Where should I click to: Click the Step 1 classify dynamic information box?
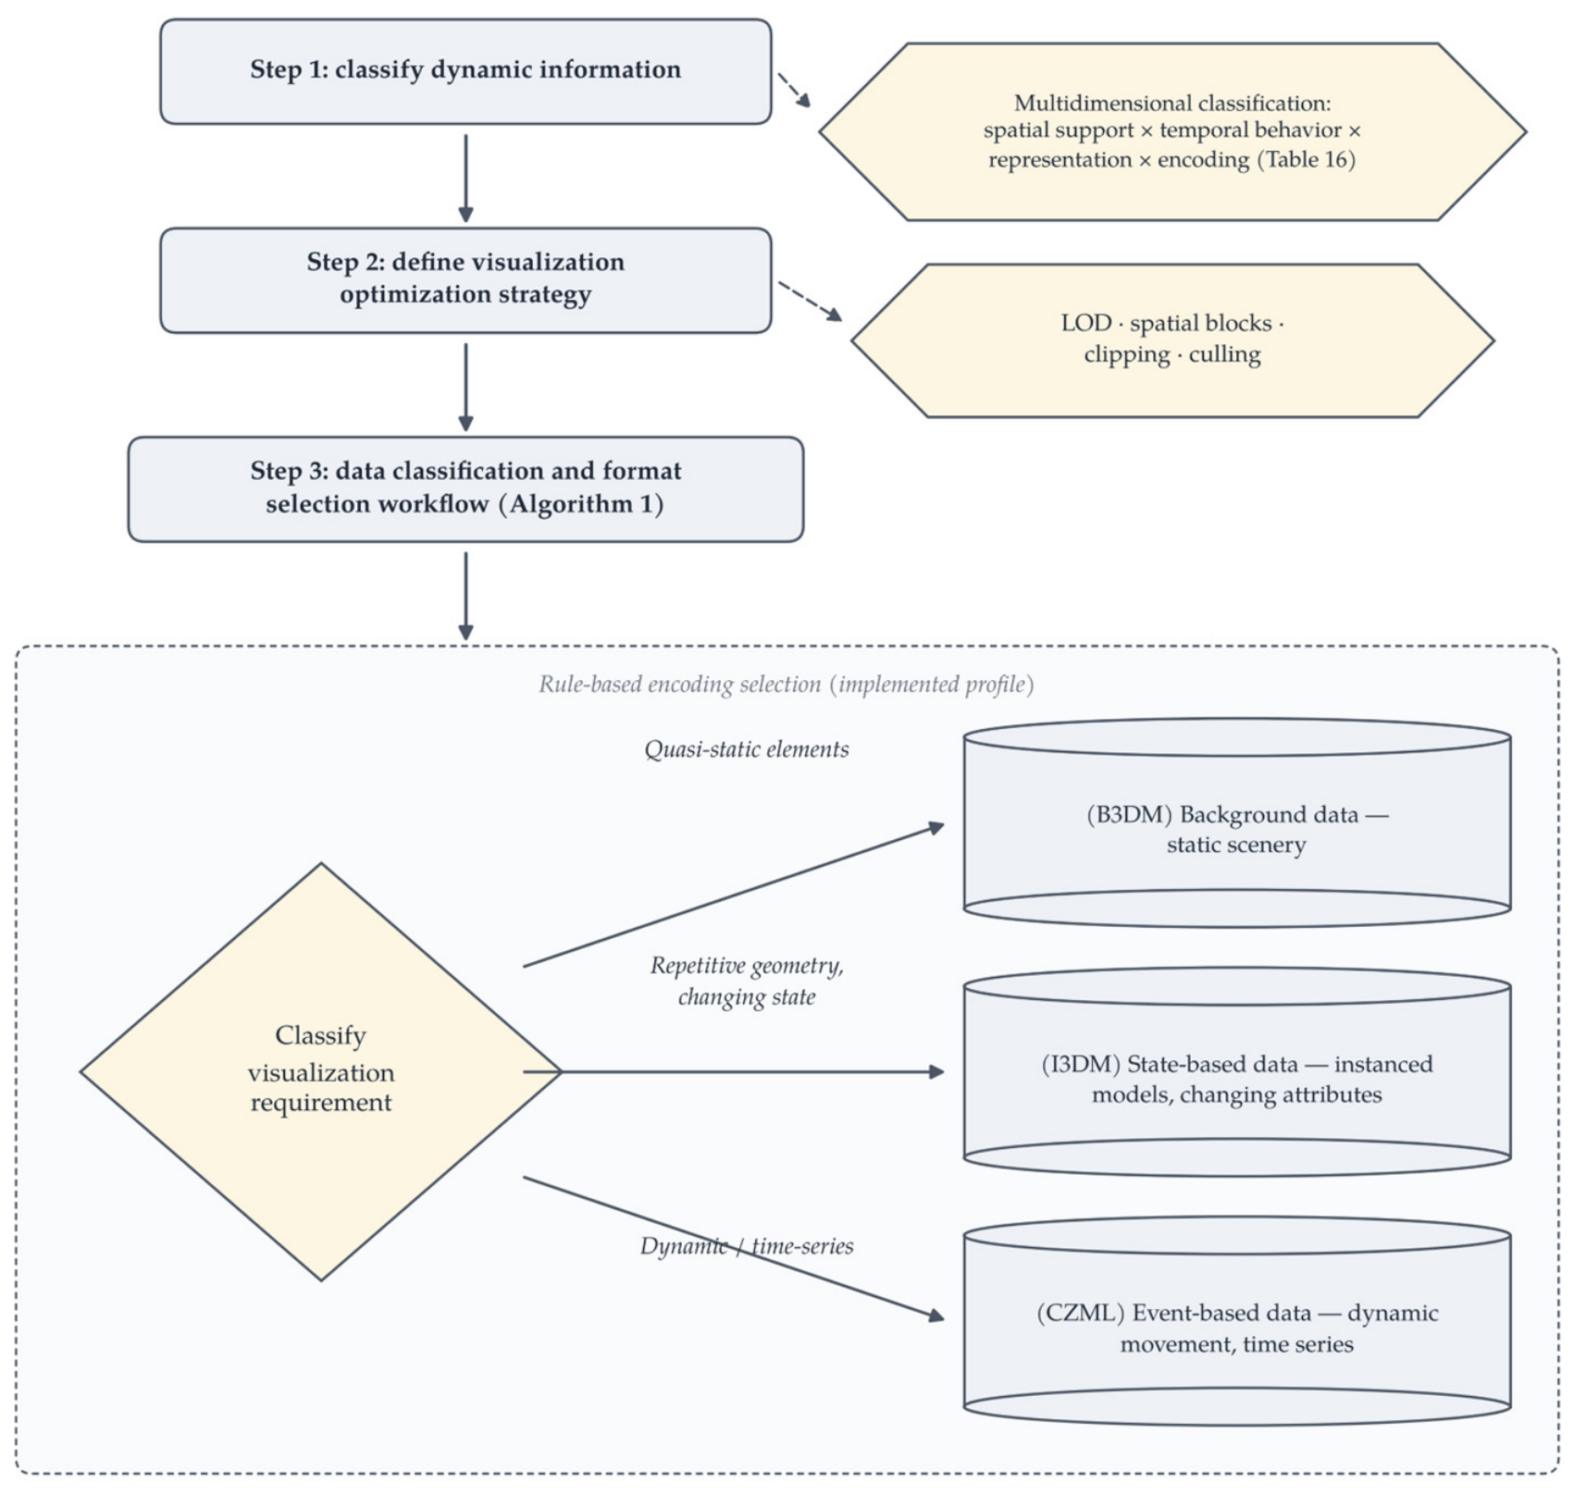(x=465, y=71)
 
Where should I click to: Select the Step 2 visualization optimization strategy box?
(x=465, y=280)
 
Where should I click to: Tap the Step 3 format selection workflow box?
(x=465, y=489)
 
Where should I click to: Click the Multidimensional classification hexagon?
(x=1172, y=131)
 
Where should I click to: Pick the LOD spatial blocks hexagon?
(x=1172, y=340)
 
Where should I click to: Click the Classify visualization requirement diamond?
(x=321, y=1072)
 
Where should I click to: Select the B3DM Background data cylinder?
(x=1237, y=822)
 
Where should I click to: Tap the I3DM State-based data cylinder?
(x=1237, y=1072)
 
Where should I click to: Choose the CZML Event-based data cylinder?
(x=1237, y=1321)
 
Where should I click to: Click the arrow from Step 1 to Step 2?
(x=465, y=179)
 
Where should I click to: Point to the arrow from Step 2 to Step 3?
(x=465, y=388)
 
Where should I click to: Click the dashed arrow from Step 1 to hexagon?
(x=794, y=91)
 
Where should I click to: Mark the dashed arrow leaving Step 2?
(x=811, y=302)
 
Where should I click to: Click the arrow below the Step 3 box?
(x=465, y=597)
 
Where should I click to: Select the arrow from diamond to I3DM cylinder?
(x=734, y=1072)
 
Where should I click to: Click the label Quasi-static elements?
(x=747, y=749)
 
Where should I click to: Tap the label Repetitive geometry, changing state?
(x=747, y=982)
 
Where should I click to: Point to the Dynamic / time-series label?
(x=747, y=1246)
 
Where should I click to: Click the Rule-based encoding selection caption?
(x=787, y=685)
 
